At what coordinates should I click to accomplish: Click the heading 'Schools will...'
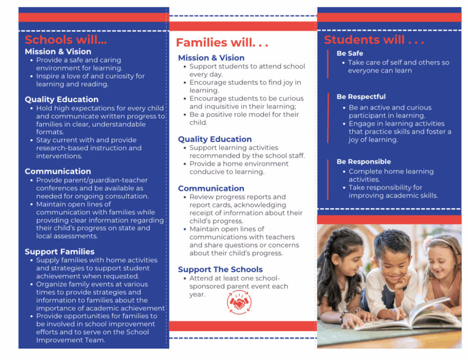(66, 40)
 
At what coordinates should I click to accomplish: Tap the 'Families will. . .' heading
(222, 43)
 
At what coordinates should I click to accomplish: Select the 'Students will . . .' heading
(374, 40)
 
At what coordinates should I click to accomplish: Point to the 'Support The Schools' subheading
(220, 269)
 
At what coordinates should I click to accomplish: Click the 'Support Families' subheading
(59, 252)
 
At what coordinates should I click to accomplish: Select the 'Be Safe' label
(350, 54)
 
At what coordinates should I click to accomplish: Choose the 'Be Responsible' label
(364, 162)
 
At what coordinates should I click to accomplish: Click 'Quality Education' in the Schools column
(62, 99)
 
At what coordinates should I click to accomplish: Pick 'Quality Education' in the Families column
(215, 139)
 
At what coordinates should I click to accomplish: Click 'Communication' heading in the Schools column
(58, 172)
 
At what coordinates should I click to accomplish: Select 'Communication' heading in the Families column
(211, 188)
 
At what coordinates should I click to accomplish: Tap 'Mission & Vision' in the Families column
(211, 58)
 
